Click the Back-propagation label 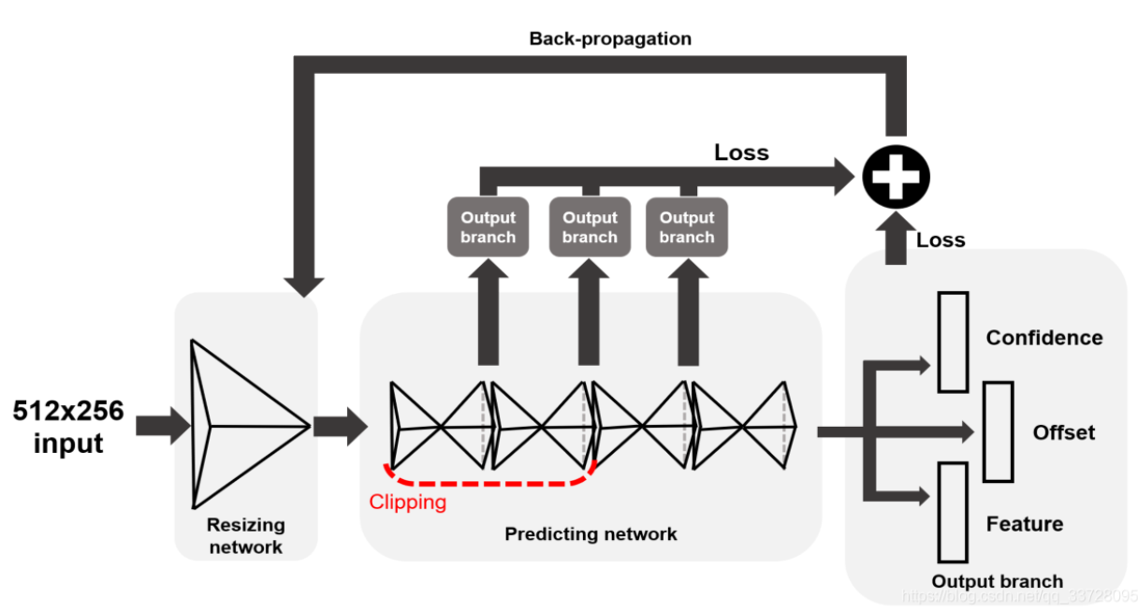tap(610, 38)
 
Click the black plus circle tap(895, 175)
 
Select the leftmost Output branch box tap(488, 227)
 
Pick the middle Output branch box tap(590, 227)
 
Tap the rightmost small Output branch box tap(686, 227)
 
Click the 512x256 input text tap(67, 426)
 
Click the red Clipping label tap(407, 502)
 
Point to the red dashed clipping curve tap(487, 484)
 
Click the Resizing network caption tap(245, 536)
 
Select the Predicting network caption tap(591, 534)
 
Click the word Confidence tap(1043, 338)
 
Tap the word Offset tap(1063, 432)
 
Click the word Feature tap(1024, 524)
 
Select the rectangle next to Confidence tap(953, 342)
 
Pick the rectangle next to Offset tap(998, 431)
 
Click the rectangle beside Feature tap(953, 511)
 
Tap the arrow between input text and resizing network tap(160, 427)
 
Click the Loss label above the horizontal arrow tap(741, 153)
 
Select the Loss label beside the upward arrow tap(940, 240)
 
